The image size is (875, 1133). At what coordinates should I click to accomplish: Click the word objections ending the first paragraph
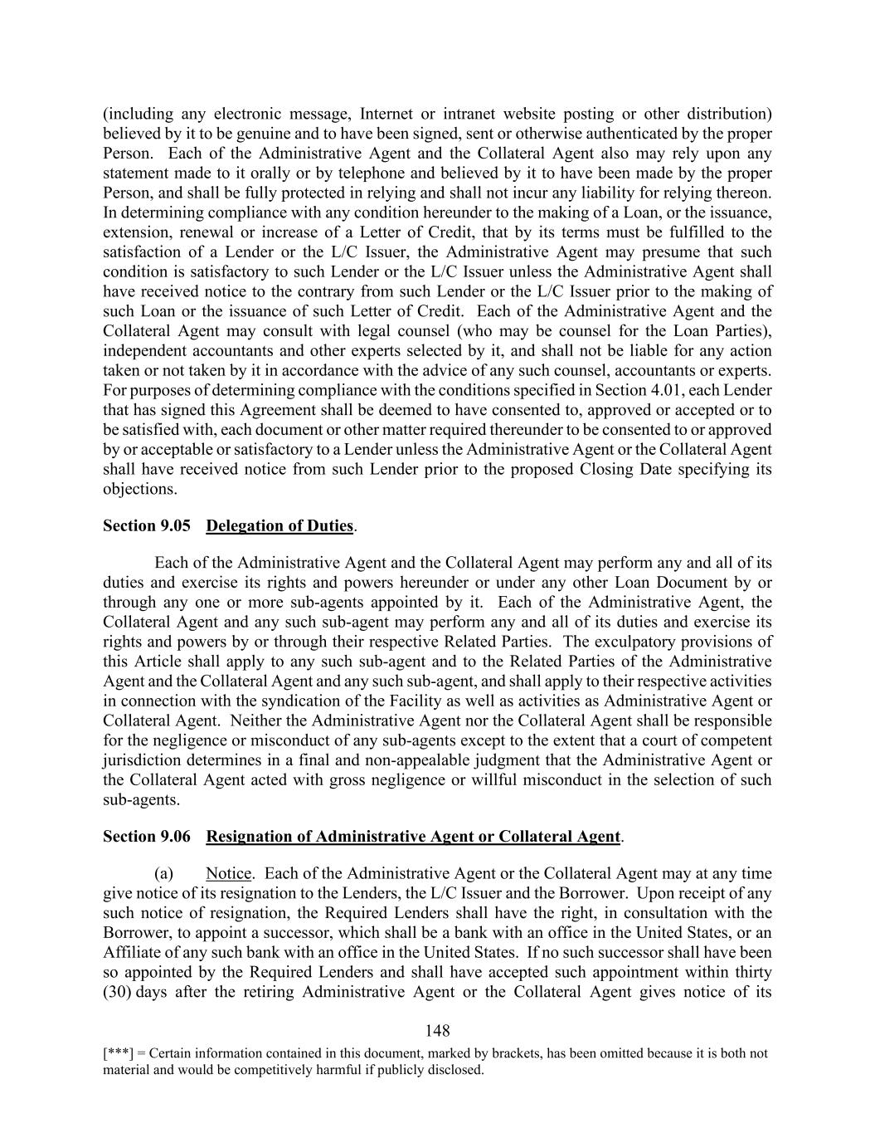[139, 489]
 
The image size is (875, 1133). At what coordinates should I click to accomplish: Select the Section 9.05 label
[147, 525]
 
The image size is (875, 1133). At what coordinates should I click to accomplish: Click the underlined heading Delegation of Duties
[280, 525]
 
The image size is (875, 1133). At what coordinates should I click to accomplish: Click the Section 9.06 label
[147, 837]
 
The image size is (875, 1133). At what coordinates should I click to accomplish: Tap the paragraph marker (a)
[164, 874]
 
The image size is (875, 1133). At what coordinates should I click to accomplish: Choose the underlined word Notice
[228, 874]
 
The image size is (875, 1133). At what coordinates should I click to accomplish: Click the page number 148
[437, 1031]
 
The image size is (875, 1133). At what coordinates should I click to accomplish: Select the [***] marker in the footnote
[117, 1053]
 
